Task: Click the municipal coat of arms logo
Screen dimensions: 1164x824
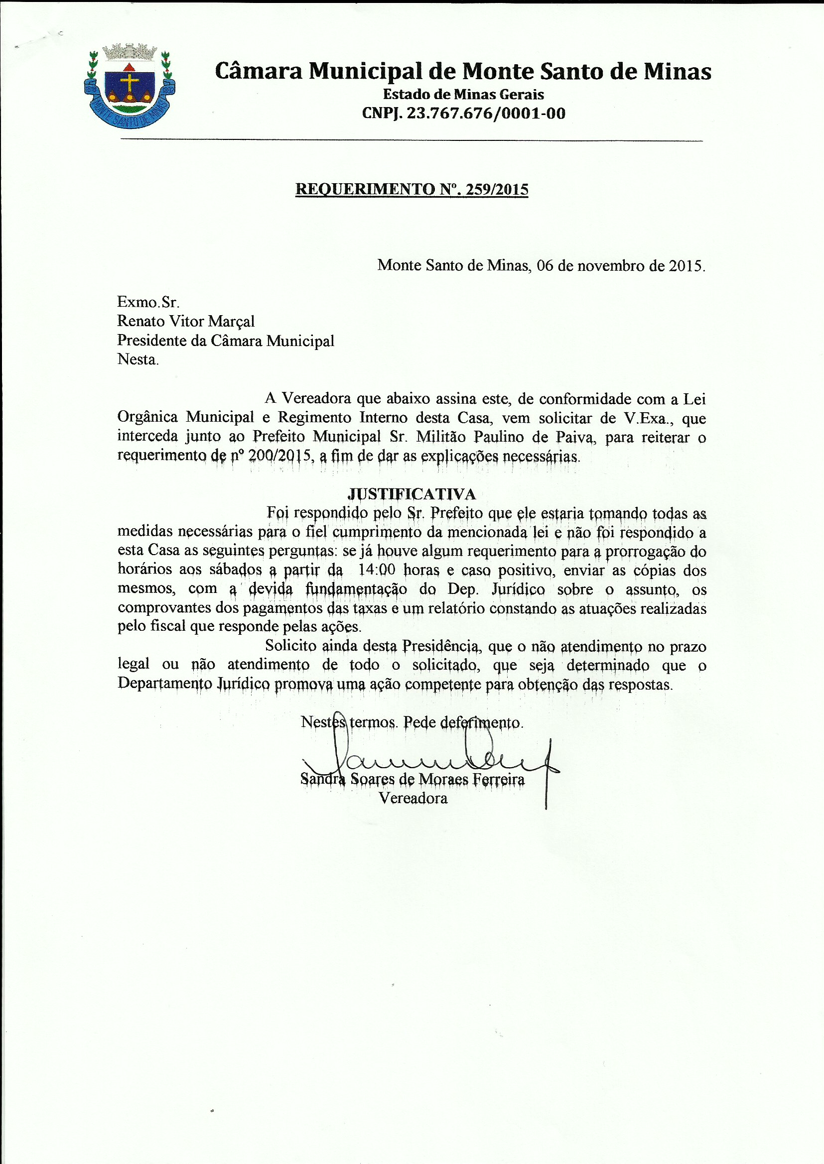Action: [130, 85]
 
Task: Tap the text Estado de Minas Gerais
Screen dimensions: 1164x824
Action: [463, 94]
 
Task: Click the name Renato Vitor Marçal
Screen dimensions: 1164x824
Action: [186, 321]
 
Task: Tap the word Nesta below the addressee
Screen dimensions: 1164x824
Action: [137, 359]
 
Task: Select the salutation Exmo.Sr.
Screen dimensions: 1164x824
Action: [148, 302]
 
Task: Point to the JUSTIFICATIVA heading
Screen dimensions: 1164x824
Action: [412, 494]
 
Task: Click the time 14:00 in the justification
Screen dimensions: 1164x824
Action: [377, 570]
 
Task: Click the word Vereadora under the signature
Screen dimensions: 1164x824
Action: [413, 799]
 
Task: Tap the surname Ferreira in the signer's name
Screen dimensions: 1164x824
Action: [498, 779]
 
